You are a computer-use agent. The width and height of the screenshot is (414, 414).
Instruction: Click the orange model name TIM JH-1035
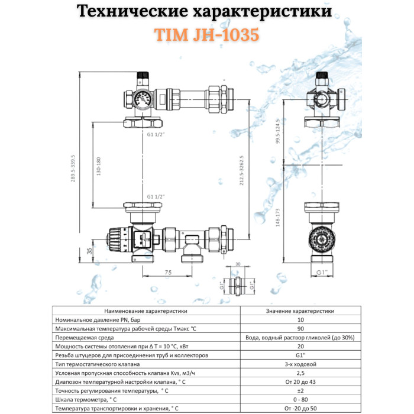tap(207, 35)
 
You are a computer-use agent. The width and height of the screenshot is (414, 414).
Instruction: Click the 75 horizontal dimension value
tap(169, 273)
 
